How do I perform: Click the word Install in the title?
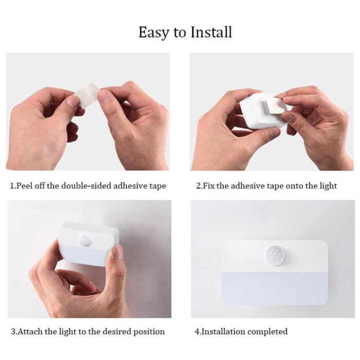(211, 32)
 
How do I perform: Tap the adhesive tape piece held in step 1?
(85, 95)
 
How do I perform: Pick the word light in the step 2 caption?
(327, 186)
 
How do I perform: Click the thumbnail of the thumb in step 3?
(118, 251)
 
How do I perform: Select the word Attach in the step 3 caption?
(30, 332)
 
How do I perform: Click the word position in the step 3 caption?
(148, 332)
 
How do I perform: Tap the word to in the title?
(180, 33)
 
